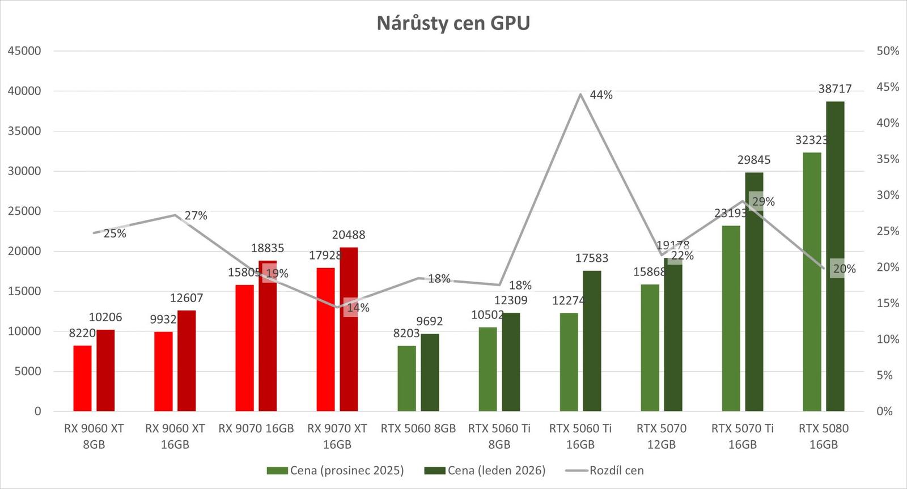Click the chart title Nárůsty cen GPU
[453, 23]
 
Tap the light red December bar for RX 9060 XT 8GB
[82, 378]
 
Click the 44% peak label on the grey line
[601, 95]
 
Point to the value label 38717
[834, 89]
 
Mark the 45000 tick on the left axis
[24, 51]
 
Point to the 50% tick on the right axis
[888, 51]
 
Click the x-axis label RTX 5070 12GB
[661, 436]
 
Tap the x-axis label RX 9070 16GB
[256, 428]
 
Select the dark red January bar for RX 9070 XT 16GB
[349, 329]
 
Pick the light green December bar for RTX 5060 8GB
[406, 378]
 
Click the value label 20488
[349, 235]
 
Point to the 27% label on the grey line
[196, 215]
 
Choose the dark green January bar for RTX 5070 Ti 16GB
[754, 291]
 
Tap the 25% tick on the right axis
[888, 231]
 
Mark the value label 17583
[591, 258]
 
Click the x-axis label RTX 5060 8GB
[418, 428]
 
